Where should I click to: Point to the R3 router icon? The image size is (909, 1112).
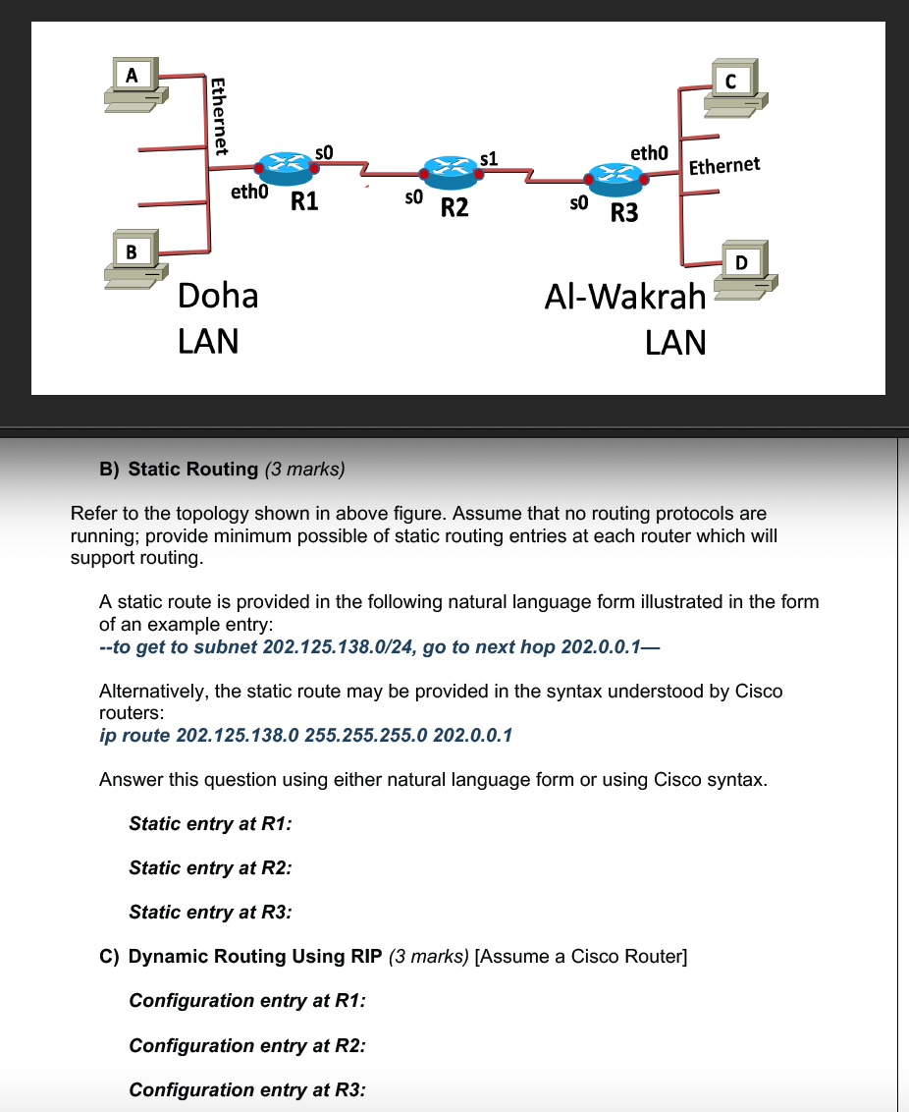click(614, 179)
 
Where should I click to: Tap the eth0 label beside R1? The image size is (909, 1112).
click(248, 194)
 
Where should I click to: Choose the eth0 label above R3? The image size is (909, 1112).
click(649, 153)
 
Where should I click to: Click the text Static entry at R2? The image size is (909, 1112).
click(210, 867)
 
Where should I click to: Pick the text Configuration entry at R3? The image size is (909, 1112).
click(247, 1089)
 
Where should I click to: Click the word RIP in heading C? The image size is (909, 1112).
click(364, 956)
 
